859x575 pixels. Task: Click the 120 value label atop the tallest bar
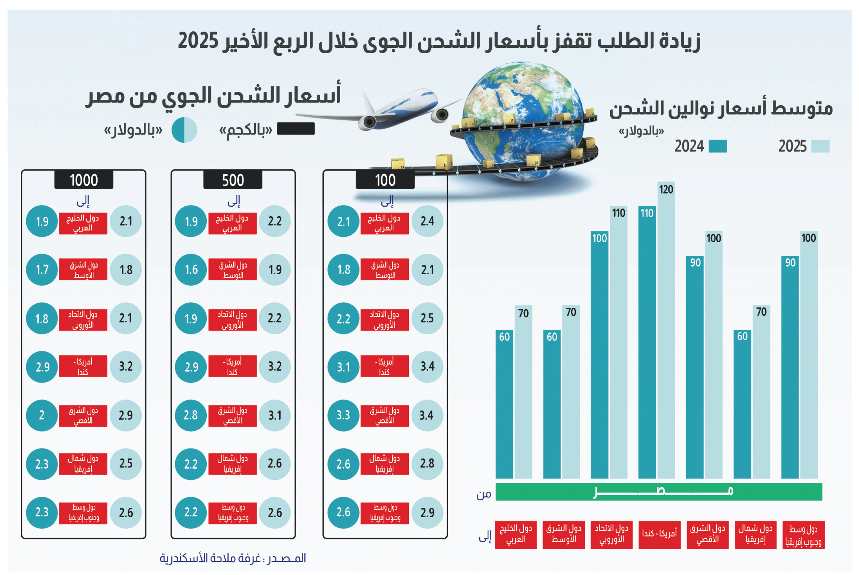point(666,189)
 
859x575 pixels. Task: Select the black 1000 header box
point(84,180)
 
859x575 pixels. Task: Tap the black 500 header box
point(233,180)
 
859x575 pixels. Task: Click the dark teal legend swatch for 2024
point(717,146)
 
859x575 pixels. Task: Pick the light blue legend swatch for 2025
point(820,146)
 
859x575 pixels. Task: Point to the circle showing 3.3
point(343,415)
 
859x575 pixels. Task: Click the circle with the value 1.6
point(191,270)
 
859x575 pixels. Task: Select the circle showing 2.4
point(427,221)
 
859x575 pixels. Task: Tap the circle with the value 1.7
point(42,270)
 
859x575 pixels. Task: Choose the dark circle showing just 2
point(42,415)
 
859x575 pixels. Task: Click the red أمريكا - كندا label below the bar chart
point(659,534)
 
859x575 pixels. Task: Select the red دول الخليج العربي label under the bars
point(516,534)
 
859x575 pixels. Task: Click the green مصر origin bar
point(658,491)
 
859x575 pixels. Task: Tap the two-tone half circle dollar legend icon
point(184,130)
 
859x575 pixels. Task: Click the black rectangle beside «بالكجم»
point(295,128)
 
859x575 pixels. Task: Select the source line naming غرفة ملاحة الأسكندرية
point(233,558)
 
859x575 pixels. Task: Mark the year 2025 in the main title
point(198,41)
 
